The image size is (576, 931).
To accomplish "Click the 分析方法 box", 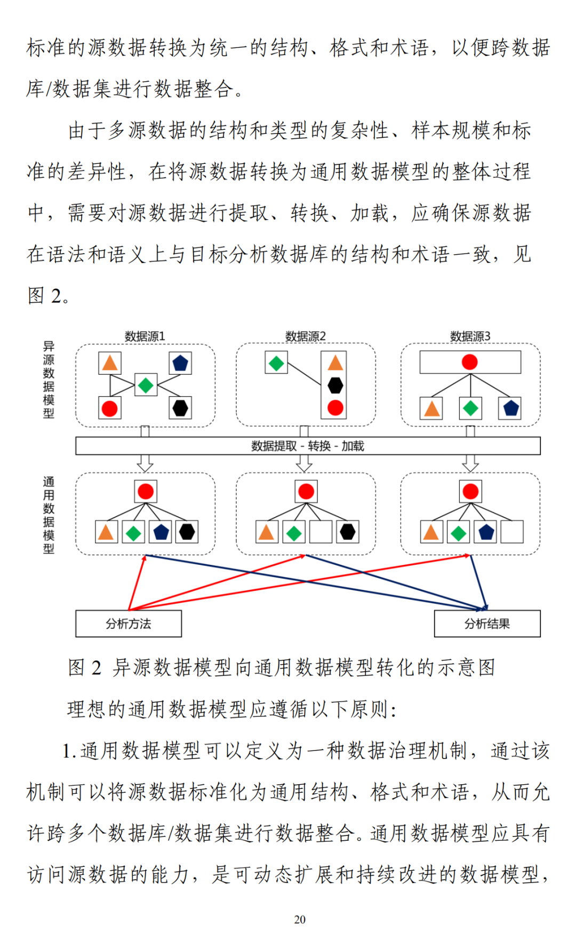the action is tap(129, 624).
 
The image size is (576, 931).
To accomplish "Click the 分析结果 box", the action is tap(487, 624).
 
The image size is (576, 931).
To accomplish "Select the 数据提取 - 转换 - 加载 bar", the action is tap(308, 446).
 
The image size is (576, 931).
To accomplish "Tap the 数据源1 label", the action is tap(145, 336).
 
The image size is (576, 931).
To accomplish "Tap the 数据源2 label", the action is tap(306, 336).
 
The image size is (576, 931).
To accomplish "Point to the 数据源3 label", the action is tap(470, 336).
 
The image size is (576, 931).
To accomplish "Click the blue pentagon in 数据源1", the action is tap(180, 363).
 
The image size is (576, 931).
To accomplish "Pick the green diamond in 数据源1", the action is tap(146, 384).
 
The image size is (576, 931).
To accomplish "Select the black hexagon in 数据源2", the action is tap(335, 385).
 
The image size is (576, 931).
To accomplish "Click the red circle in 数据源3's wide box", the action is tap(470, 362).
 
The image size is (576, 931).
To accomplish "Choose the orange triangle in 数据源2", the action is tap(335, 363).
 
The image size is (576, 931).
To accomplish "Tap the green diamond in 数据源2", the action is tap(276, 363).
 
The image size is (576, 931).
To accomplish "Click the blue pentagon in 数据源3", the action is tap(511, 408).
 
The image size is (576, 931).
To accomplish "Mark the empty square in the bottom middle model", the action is tap(321, 532).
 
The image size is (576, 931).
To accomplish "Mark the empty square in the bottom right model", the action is tap(512, 532).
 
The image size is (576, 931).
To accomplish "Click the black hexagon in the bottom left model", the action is tap(187, 532).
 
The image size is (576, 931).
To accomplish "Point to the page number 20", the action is tap(300, 919).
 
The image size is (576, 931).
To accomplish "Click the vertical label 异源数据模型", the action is tap(49, 380).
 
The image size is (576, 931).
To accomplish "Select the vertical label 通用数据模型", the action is tap(49, 515).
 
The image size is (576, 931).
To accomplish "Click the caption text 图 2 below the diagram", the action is tap(84, 667).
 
